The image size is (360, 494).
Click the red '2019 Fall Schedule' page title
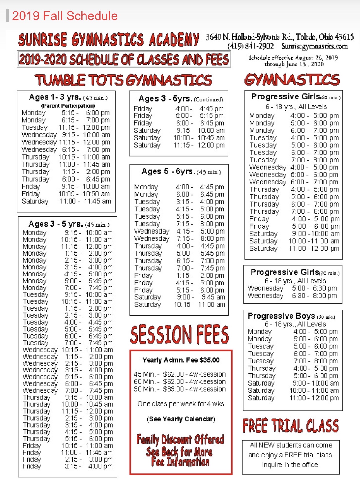(x=65, y=16)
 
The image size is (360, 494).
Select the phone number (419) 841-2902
(x=250, y=46)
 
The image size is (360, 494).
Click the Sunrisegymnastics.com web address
(x=314, y=46)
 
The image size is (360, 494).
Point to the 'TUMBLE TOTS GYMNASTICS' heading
(x=123, y=80)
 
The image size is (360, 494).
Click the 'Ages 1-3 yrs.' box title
(x=55, y=97)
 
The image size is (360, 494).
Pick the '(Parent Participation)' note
(x=68, y=106)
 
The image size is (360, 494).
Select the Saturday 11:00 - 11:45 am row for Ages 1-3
(x=66, y=201)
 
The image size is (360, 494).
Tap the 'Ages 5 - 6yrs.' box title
(x=168, y=171)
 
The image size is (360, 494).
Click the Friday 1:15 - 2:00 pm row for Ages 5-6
(x=179, y=276)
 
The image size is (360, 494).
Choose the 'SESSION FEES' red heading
(x=179, y=334)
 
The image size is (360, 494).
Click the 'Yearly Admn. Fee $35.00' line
(x=181, y=360)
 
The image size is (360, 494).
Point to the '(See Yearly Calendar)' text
(x=181, y=419)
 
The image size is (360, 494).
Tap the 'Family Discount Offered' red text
(x=180, y=439)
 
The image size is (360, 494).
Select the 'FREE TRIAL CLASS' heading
(x=291, y=426)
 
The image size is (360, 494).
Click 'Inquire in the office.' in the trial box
(x=290, y=465)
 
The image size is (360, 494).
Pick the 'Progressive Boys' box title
(x=281, y=316)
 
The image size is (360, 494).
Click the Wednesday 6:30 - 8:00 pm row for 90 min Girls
(x=292, y=296)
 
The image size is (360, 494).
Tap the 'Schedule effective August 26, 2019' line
(x=293, y=58)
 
